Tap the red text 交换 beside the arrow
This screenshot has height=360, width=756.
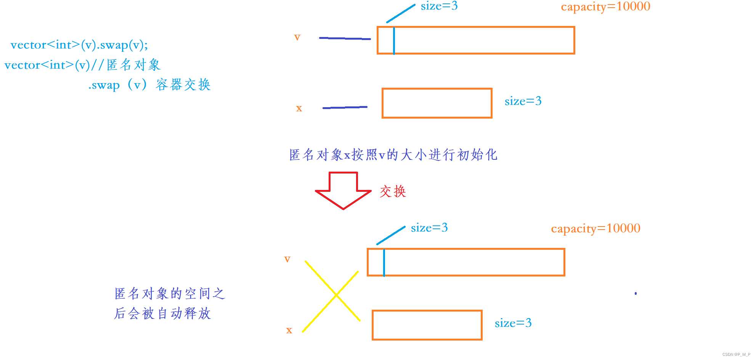click(x=393, y=191)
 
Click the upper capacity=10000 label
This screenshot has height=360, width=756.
click(x=605, y=7)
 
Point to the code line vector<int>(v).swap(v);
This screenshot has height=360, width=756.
click(x=79, y=45)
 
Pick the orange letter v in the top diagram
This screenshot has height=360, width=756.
click(x=297, y=37)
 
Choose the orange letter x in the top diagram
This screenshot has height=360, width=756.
click(x=299, y=108)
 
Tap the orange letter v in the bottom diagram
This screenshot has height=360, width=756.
click(x=287, y=259)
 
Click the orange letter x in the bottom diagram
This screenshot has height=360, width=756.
click(x=289, y=330)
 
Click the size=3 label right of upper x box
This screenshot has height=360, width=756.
click(x=523, y=101)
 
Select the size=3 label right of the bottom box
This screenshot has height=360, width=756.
click(x=513, y=323)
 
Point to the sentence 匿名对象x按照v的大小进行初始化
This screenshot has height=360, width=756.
click(x=393, y=155)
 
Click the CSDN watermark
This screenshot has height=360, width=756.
click(x=736, y=354)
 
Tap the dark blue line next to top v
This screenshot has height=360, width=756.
click(x=345, y=38)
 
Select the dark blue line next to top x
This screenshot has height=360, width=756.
click(x=345, y=108)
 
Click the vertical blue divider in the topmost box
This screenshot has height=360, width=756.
click(x=394, y=40)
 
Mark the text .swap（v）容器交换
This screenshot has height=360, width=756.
click(x=149, y=85)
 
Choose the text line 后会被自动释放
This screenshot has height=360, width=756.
click(x=162, y=313)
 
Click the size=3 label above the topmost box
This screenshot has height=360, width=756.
click(x=439, y=6)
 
